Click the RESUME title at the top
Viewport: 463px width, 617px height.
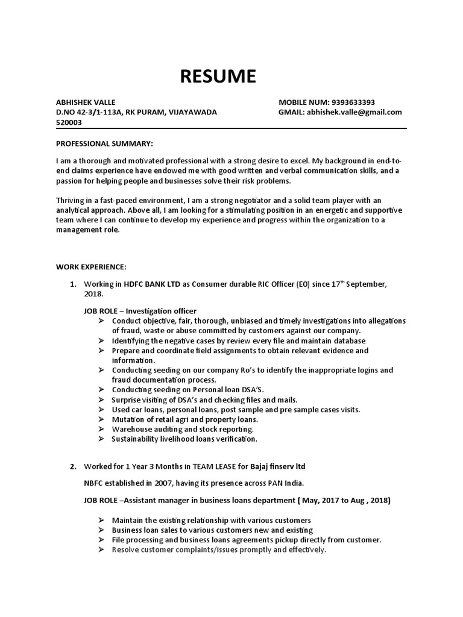click(x=218, y=77)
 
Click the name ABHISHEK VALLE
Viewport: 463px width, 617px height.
click(x=86, y=102)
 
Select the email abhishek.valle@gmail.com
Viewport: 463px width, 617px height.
click(x=354, y=112)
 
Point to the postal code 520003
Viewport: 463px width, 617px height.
click(x=69, y=122)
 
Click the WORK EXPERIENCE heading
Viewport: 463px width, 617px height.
click(x=92, y=266)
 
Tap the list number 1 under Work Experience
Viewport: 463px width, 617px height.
click(x=72, y=283)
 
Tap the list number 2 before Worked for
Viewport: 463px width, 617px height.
click(x=72, y=466)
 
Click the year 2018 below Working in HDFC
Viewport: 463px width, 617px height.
click(x=93, y=293)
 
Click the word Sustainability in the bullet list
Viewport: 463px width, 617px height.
click(x=133, y=439)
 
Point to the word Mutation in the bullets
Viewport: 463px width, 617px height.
click(x=127, y=419)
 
